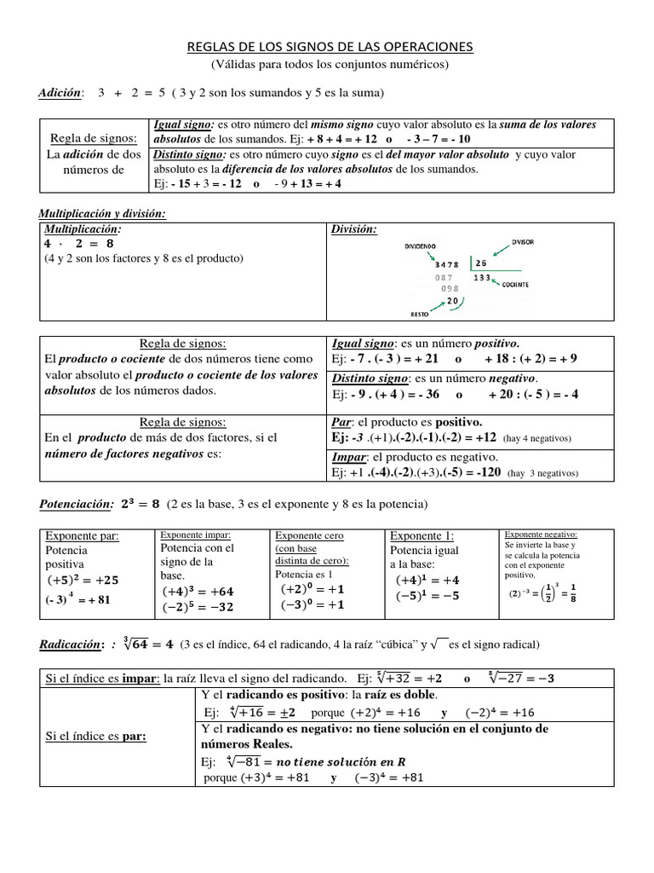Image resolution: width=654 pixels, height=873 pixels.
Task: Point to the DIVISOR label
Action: click(x=523, y=242)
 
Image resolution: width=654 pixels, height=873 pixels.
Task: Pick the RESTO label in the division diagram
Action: click(x=420, y=314)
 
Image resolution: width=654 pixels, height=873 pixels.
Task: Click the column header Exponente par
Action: click(x=82, y=536)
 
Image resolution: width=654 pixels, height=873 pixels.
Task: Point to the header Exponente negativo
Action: click(x=541, y=534)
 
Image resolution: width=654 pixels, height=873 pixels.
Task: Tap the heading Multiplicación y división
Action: click(x=102, y=213)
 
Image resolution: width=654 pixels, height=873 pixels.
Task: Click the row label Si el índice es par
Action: click(x=95, y=737)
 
